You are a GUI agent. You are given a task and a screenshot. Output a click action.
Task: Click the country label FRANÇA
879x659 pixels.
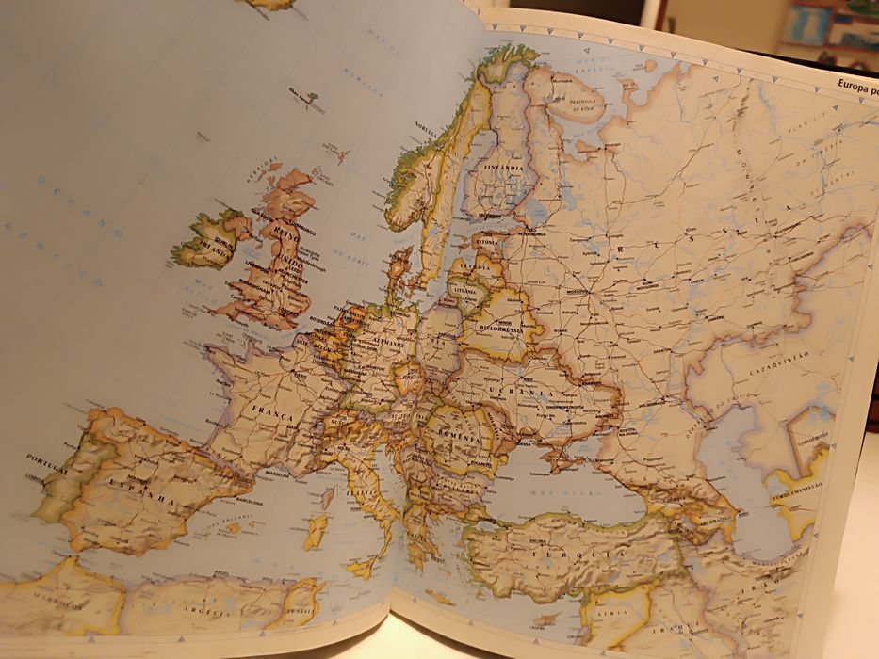pos(272,414)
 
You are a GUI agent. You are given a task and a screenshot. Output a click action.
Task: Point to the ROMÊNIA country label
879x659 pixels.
pos(451,438)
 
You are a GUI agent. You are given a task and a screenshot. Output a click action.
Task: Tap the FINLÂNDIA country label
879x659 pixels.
pos(501,168)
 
